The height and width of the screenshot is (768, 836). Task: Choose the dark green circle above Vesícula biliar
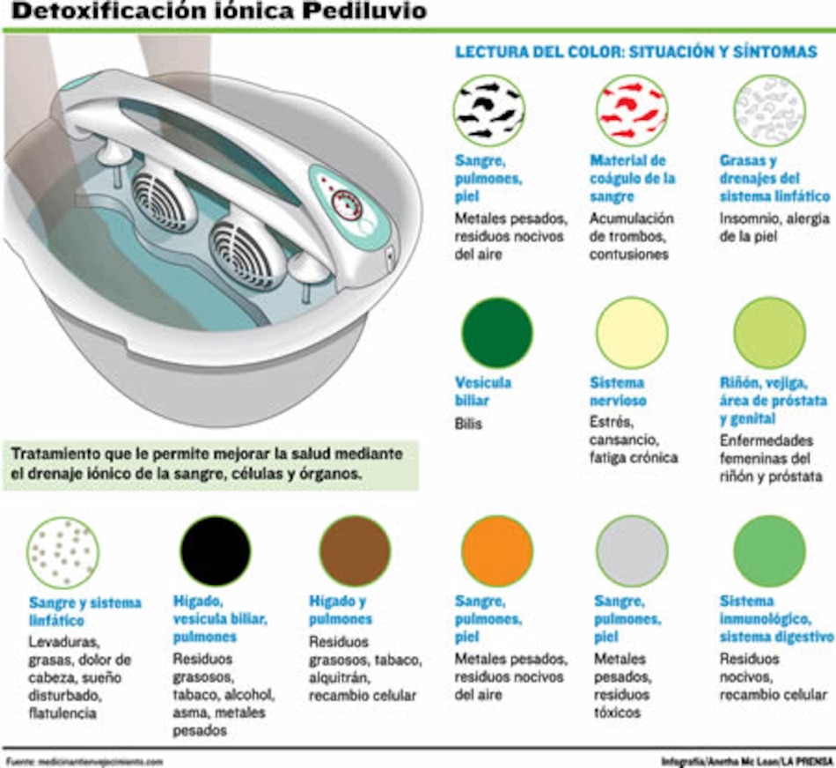497,333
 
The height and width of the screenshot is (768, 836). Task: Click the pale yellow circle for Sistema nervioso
632,333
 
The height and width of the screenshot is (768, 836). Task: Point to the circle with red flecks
632,110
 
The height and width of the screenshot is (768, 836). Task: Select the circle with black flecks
489,110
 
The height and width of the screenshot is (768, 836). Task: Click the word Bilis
469,424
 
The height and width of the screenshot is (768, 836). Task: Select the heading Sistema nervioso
618,392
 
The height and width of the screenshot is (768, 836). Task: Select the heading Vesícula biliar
483,392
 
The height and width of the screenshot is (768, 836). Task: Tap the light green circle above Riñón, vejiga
769,333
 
